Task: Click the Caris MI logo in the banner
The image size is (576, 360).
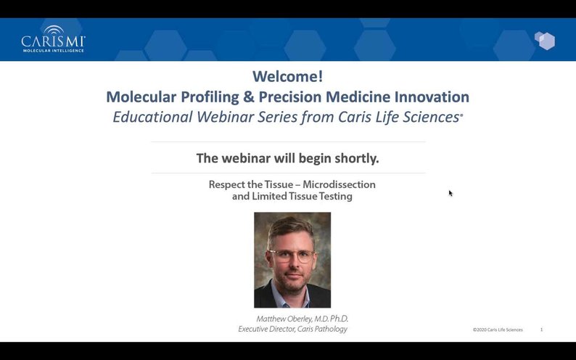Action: [x=53, y=39]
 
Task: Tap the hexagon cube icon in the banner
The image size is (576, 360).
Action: [x=545, y=41]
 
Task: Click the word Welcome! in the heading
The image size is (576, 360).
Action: [x=287, y=76]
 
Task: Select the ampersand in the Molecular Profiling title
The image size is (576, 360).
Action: [x=247, y=97]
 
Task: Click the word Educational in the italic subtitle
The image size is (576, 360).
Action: [x=152, y=117]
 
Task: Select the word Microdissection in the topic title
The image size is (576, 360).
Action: [x=339, y=184]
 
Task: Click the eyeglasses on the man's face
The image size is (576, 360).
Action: [x=292, y=255]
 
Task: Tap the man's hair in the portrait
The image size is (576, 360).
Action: [x=290, y=226]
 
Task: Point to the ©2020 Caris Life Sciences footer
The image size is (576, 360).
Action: [x=498, y=330]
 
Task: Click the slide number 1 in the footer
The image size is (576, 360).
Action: [x=541, y=330]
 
